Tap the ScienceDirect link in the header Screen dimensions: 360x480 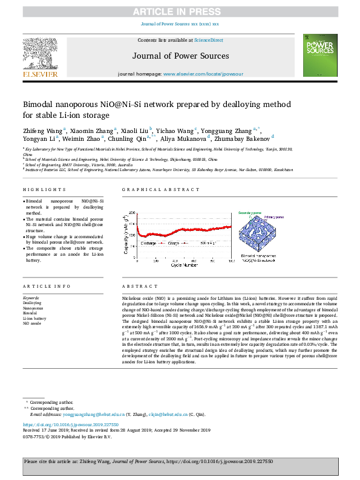(x=208, y=40)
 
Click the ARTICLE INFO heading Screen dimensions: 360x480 (x=41, y=286)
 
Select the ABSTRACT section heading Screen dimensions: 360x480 (x=135, y=286)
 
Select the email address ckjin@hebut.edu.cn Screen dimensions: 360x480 (x=149, y=414)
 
